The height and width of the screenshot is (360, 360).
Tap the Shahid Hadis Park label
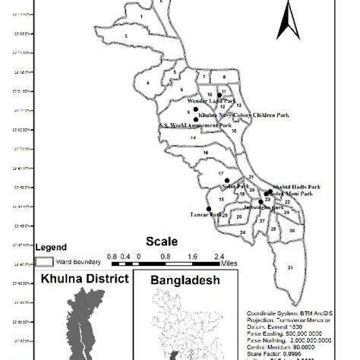(292, 186)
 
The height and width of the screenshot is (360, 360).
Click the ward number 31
(289, 268)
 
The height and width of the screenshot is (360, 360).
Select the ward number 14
(193, 137)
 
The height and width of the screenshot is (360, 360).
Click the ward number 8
(223, 77)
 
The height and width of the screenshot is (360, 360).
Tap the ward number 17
(220, 174)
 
